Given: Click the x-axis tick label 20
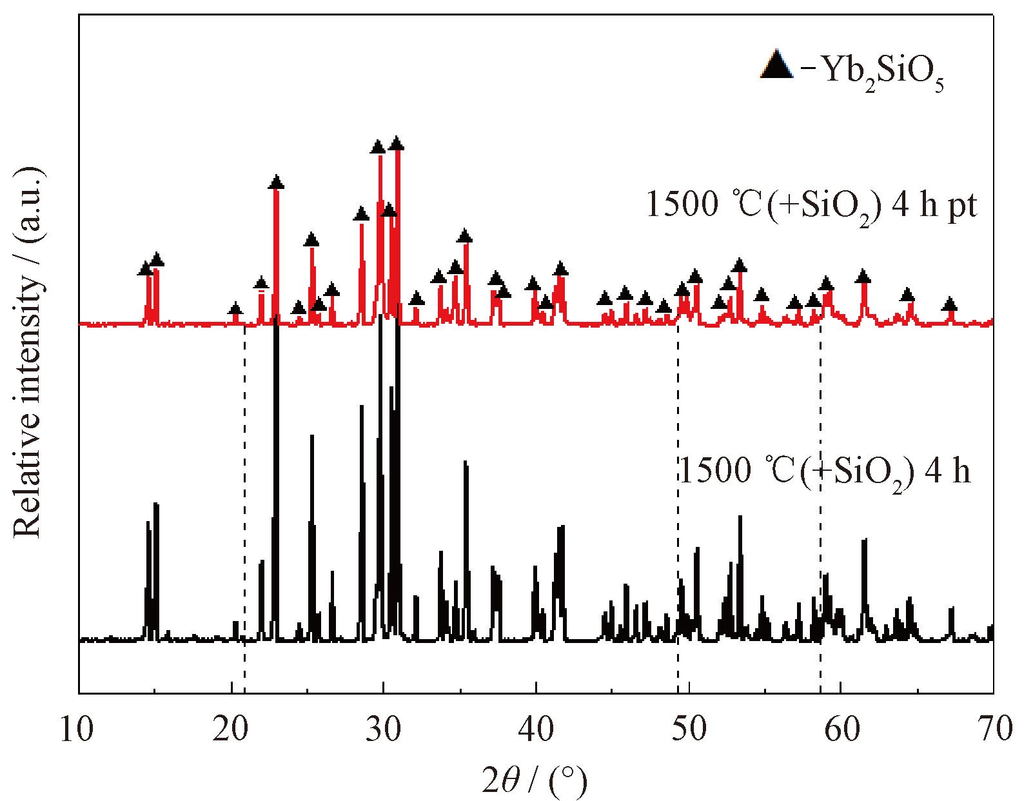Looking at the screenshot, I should [230, 729].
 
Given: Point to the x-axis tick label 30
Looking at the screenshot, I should [383, 729].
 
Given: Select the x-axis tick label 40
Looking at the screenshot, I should [535, 729].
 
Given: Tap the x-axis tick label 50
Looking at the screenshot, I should [688, 729].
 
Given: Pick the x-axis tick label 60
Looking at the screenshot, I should [840, 729].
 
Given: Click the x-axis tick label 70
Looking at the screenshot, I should [993, 729].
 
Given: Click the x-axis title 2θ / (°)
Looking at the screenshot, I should [535, 781].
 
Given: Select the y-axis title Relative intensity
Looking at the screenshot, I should [28, 351].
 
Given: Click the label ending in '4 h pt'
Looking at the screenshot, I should [811, 206].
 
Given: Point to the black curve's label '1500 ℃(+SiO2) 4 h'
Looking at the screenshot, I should [825, 471].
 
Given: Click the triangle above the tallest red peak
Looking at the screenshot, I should [397, 143].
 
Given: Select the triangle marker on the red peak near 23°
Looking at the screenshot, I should [276, 183].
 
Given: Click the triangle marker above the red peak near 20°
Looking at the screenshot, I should [235, 309].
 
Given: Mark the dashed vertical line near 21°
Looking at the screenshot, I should [245, 503].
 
